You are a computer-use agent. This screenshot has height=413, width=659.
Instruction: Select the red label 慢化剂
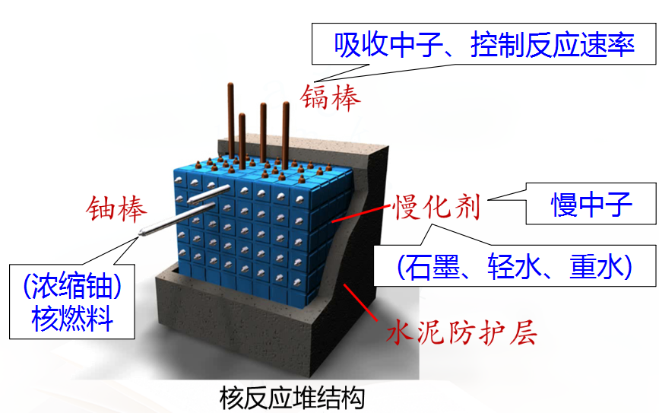click(436, 205)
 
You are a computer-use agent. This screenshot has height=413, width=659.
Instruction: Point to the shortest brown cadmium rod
click(242, 138)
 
